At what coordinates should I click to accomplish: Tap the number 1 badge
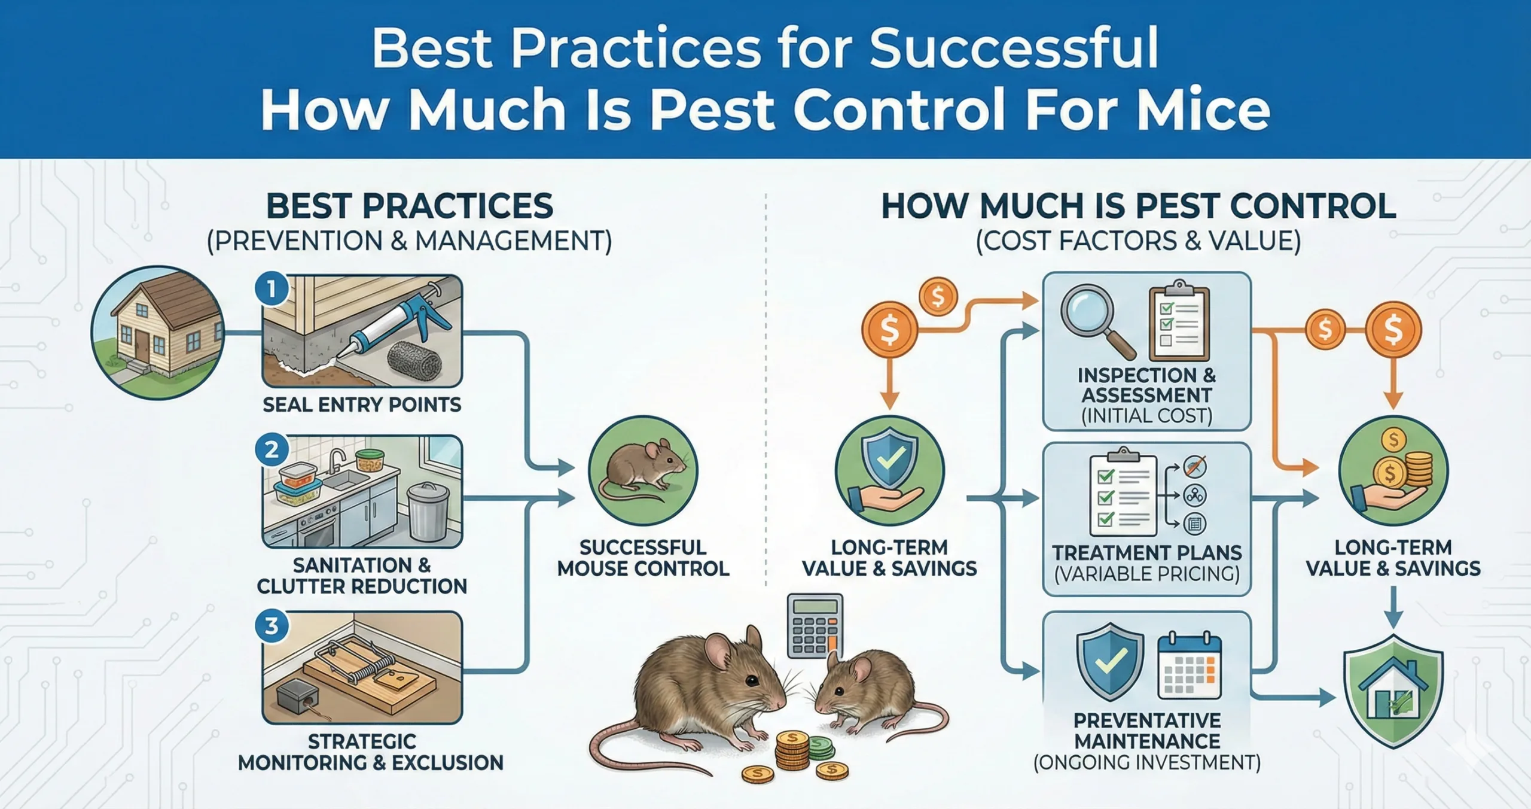(x=272, y=290)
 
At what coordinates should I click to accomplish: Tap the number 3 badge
(x=272, y=626)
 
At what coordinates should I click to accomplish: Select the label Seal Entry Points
(x=362, y=405)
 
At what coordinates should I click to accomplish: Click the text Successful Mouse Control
(x=643, y=558)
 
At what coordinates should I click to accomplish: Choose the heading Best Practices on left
(x=410, y=206)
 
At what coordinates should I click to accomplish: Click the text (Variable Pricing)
(x=1146, y=574)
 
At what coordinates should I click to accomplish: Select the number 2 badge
(x=272, y=449)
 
